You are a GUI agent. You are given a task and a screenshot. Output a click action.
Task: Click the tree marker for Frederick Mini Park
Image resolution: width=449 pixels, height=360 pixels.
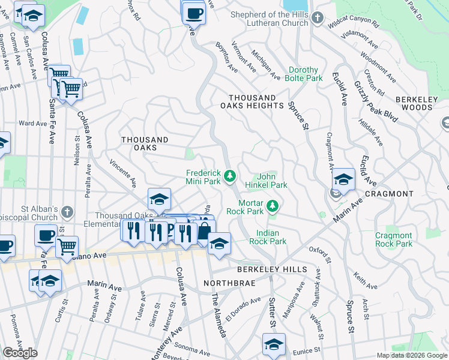pos(229,176)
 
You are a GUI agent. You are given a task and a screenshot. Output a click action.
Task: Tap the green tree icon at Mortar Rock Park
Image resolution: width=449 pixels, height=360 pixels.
pos(273,206)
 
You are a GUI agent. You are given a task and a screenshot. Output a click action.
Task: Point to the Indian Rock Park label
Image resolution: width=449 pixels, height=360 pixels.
pos(271,236)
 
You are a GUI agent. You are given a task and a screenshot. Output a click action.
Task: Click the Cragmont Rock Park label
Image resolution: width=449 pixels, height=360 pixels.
pos(393,239)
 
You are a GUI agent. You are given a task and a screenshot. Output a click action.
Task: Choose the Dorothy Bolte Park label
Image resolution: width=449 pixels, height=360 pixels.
pos(306,74)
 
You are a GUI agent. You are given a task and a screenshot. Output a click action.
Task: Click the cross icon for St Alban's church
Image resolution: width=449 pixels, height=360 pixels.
pos(67,212)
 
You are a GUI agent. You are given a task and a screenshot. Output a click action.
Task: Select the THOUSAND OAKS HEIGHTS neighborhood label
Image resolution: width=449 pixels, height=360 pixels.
pos(255,101)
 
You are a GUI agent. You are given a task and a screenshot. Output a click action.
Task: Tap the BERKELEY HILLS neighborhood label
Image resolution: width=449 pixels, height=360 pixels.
pos(271,270)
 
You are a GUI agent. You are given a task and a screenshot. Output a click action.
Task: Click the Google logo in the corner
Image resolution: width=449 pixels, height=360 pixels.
pos(20,353)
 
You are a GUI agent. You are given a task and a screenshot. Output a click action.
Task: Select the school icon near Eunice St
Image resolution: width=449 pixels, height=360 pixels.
pos(274,344)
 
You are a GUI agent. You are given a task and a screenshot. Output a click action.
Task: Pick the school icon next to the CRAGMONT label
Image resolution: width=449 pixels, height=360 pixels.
pos(343,179)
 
